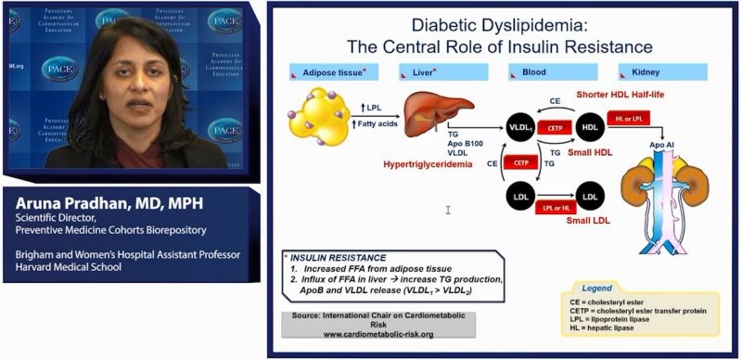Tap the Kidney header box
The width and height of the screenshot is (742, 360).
click(668, 71)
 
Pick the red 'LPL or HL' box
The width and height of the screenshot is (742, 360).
click(555, 209)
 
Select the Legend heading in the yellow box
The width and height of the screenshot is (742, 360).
click(598, 289)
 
